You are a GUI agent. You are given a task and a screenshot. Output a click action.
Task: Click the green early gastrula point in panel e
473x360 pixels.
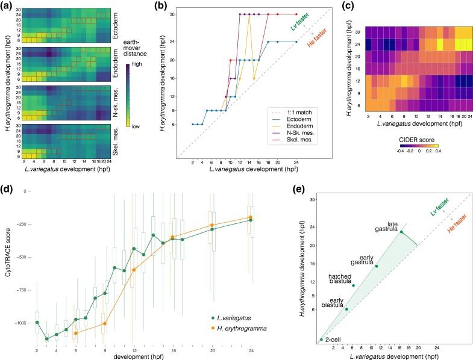377,266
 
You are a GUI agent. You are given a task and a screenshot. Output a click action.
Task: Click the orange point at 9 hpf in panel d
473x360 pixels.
105,323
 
